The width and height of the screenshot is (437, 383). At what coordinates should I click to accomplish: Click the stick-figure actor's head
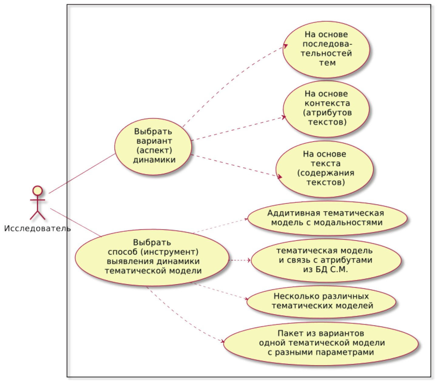37,191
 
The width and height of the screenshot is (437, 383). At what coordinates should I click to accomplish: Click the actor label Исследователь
37,229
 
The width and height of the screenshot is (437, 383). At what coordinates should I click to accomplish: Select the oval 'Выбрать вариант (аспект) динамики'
153,146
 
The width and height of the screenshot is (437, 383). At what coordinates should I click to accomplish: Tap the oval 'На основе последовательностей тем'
326,49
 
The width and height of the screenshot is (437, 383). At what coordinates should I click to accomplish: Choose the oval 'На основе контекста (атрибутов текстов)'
326,108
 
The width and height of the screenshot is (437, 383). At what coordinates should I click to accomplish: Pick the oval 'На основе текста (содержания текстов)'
324,169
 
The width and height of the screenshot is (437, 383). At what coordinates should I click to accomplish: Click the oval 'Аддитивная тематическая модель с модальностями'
327,218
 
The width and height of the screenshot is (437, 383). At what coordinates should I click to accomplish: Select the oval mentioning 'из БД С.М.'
326,260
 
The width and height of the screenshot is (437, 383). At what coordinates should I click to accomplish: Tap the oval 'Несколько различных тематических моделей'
321,301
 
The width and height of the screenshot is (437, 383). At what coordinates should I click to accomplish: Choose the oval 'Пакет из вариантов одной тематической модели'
321,343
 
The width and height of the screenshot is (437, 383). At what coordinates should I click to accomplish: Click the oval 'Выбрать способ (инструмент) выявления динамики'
152,257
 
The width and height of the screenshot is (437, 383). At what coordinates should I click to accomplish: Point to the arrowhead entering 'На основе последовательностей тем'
286,46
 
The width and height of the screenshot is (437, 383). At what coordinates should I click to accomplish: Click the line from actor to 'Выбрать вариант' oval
82,173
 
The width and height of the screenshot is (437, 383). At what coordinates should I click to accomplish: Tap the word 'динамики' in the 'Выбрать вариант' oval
154,160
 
